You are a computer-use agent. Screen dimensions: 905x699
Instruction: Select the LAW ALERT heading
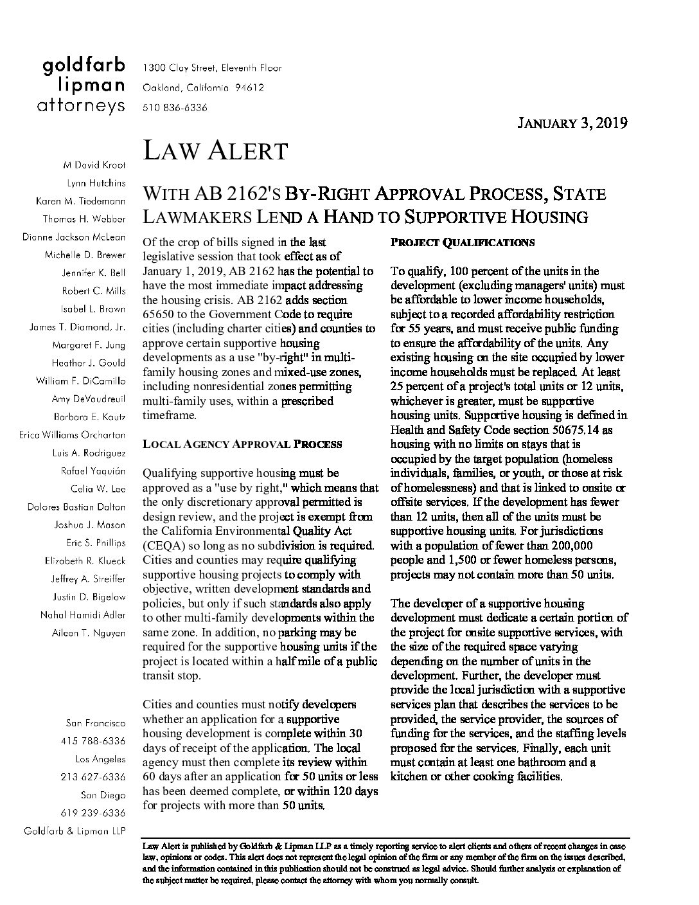pos(215,151)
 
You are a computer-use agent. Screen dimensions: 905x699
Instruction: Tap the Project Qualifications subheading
pos(463,243)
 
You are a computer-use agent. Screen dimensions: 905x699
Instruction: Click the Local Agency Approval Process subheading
pos(242,444)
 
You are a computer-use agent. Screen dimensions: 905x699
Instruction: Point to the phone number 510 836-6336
pos(175,108)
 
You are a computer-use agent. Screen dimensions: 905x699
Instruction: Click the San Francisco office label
pos(96,723)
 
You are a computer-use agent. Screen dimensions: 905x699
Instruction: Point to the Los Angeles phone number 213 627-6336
pos(94,777)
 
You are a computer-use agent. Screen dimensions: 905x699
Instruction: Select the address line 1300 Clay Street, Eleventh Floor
pos(212,67)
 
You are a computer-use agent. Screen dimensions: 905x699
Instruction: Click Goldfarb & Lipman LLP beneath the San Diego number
pos(75,831)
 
